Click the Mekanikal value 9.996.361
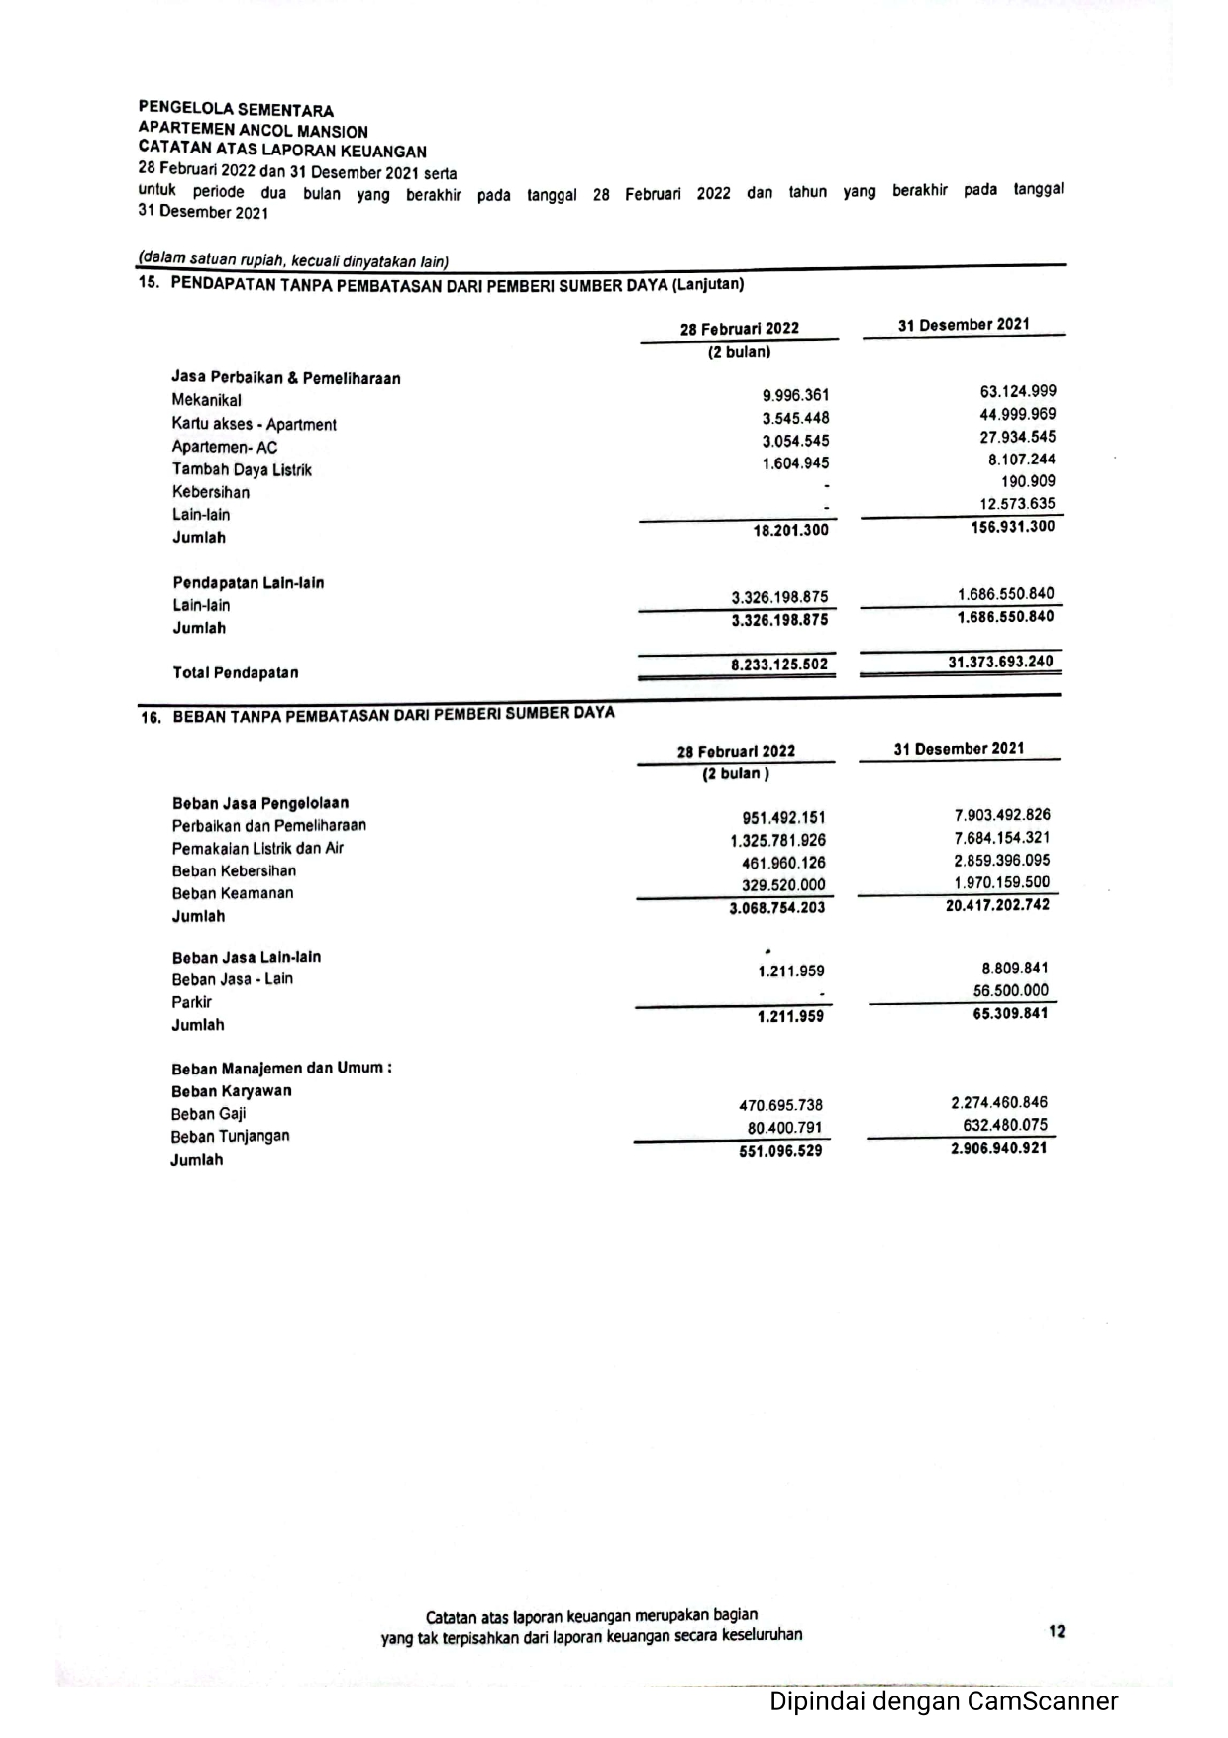[x=795, y=396]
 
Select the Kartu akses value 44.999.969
[x=1017, y=415]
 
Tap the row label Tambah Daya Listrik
[x=242, y=470]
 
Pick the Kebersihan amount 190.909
[x=1028, y=481]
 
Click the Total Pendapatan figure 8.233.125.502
[x=778, y=665]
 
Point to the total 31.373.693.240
[x=1000, y=662]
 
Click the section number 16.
[x=151, y=718]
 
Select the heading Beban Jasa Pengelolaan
[x=260, y=803]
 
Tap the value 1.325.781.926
[x=777, y=841]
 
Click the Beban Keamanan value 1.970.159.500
[x=1001, y=882]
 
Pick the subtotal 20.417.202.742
[x=997, y=905]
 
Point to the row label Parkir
[x=192, y=1002]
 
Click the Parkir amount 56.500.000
[x=1010, y=991]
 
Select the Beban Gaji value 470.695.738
[x=780, y=1105]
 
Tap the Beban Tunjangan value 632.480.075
[x=1004, y=1125]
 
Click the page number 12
[x=1057, y=1631]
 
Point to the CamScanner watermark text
[x=943, y=1701]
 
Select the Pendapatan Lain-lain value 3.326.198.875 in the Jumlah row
[x=779, y=620]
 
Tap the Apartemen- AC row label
[x=225, y=447]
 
